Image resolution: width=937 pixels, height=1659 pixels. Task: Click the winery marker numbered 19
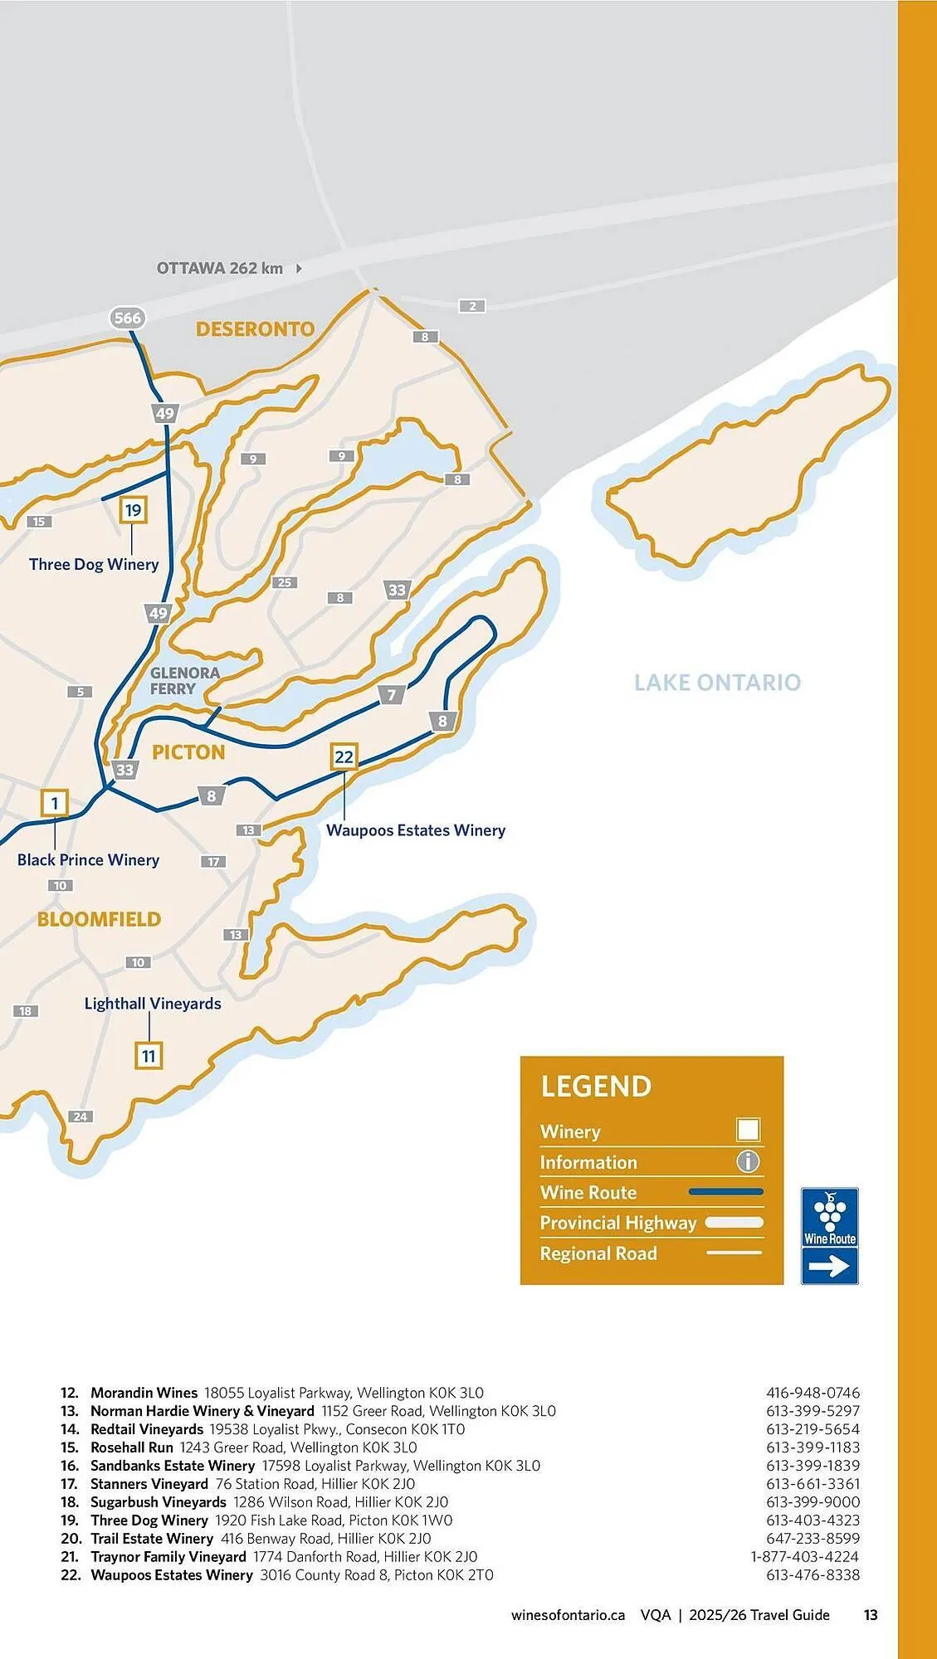click(x=133, y=510)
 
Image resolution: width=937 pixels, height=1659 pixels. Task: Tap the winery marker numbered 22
click(x=344, y=757)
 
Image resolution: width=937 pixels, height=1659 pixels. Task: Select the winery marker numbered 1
click(x=55, y=803)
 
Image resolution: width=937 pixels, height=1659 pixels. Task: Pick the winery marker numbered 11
click(x=149, y=1056)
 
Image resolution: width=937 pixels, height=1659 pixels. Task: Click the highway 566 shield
click(x=127, y=318)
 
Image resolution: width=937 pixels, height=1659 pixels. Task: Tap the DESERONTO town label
click(x=255, y=329)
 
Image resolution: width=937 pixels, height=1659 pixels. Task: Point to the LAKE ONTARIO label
click(x=717, y=683)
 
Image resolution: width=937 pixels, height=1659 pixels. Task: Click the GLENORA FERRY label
click(x=184, y=681)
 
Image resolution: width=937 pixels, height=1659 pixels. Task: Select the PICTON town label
click(x=188, y=752)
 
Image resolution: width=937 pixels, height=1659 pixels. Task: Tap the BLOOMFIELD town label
click(x=99, y=919)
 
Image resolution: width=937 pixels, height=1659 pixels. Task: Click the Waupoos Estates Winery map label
click(x=415, y=830)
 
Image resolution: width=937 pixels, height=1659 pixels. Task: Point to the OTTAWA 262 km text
click(x=220, y=268)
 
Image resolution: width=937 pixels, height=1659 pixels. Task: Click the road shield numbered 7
click(x=392, y=695)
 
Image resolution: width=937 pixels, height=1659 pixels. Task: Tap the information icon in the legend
click(x=748, y=1161)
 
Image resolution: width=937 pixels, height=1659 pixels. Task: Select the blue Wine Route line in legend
click(x=725, y=1192)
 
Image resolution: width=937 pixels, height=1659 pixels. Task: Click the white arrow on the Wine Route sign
click(x=829, y=1266)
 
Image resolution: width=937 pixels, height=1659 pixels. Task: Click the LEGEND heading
click(x=596, y=1087)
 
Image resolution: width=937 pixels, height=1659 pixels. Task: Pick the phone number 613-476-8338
click(x=813, y=1574)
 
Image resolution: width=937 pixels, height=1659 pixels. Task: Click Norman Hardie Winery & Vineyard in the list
click(x=202, y=1410)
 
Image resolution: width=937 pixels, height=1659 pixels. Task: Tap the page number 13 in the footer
click(x=871, y=1614)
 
